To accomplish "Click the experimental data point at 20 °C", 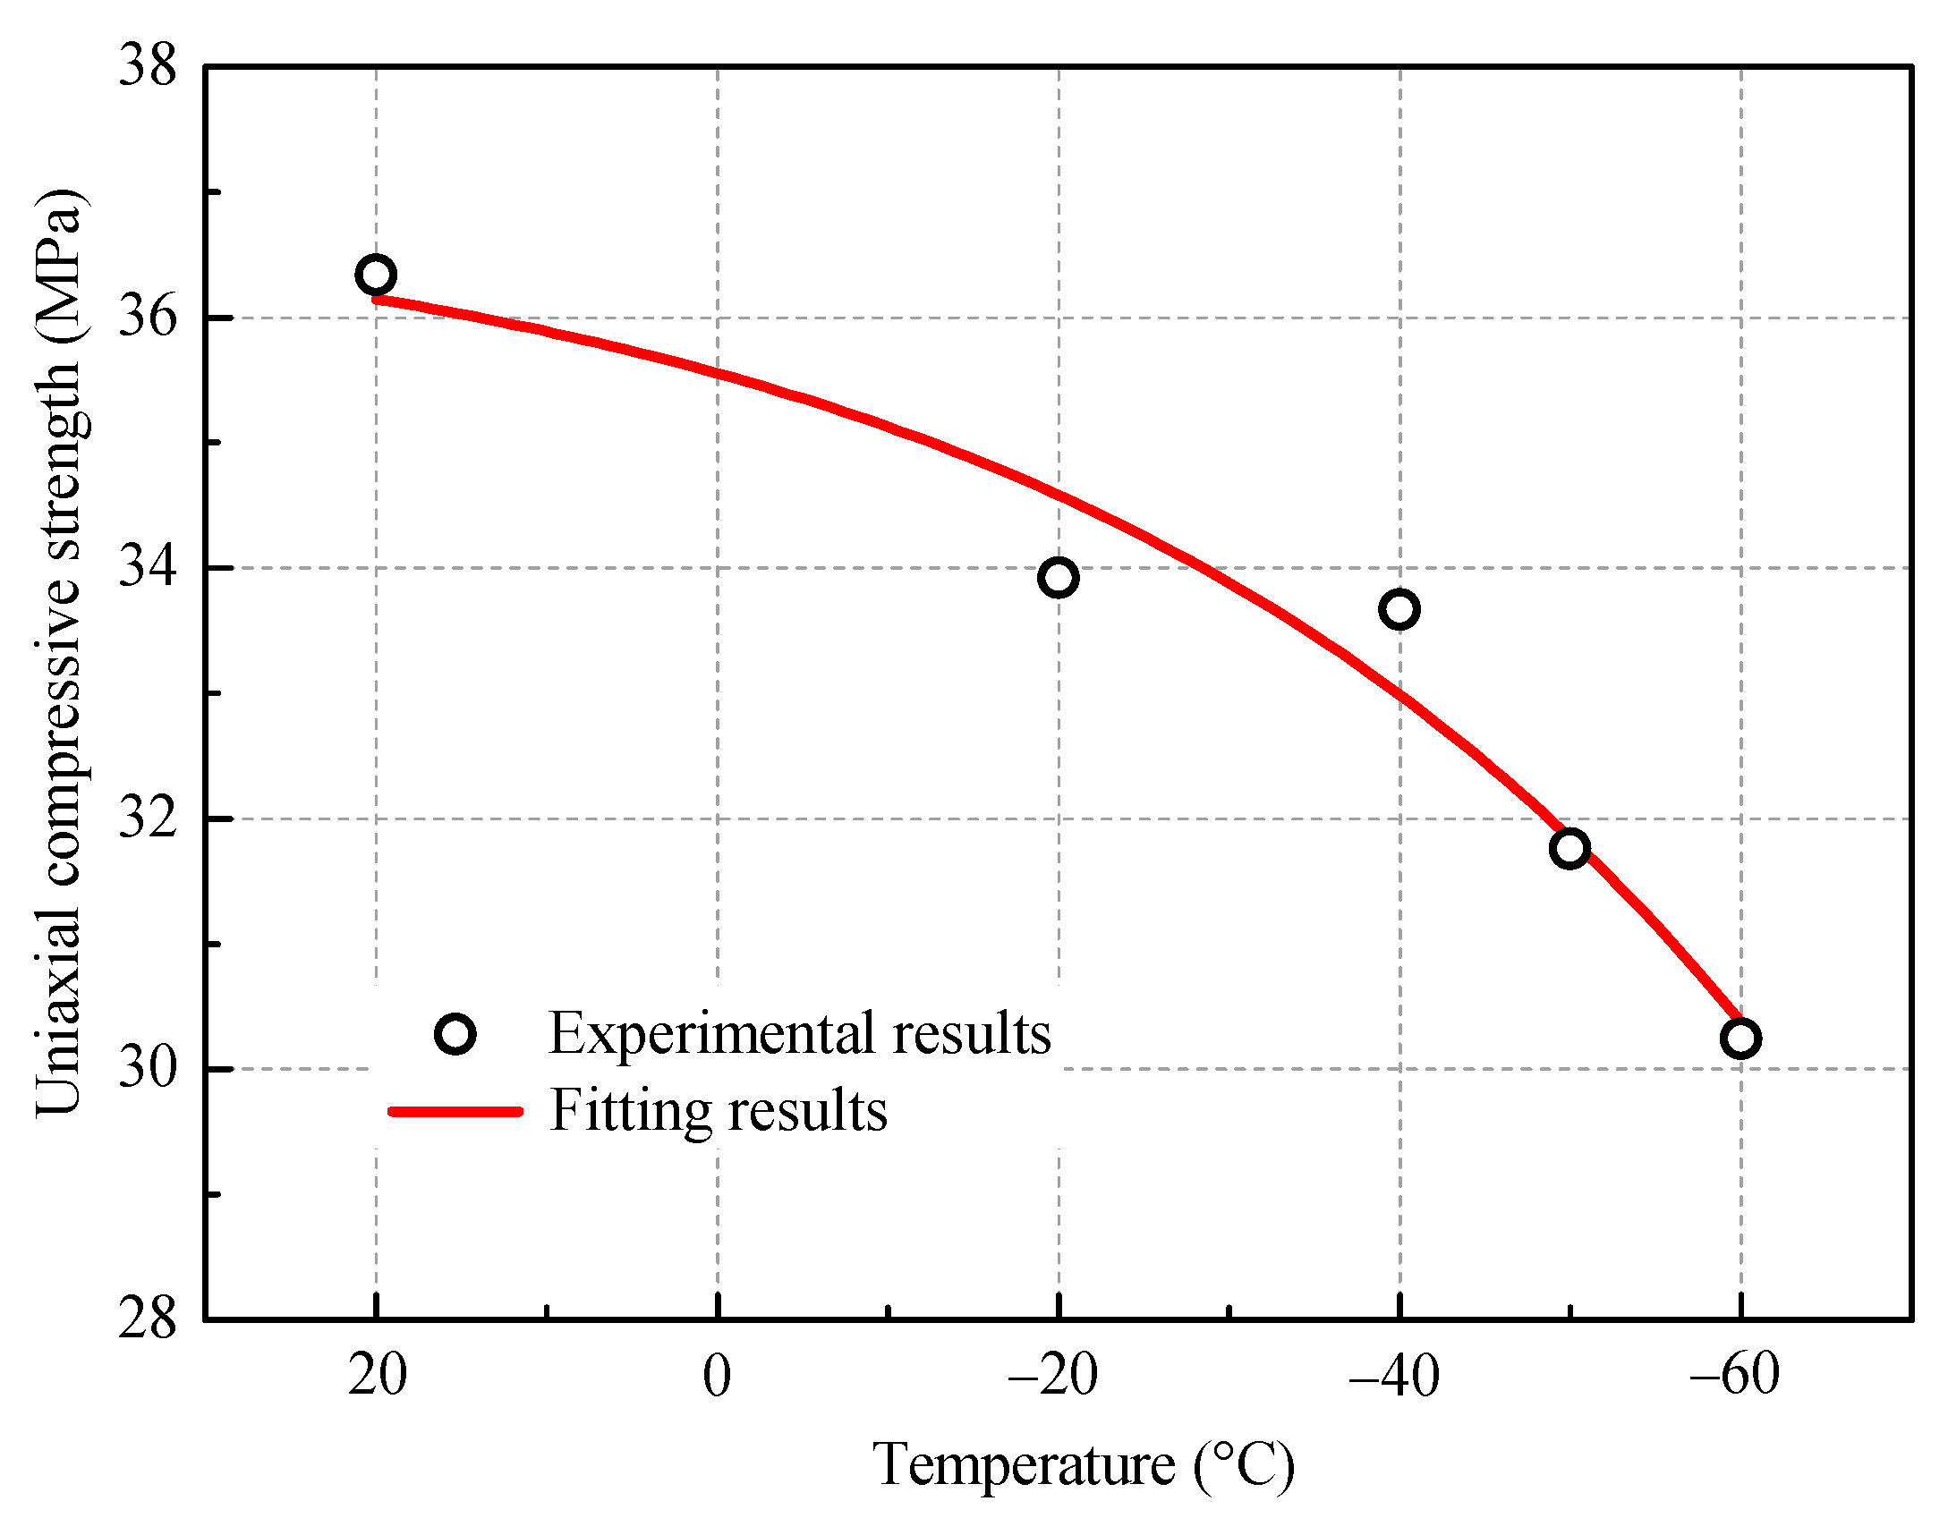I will [x=376, y=275].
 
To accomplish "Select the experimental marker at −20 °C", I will [x=1059, y=578].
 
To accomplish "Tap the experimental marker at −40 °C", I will [x=1399, y=609].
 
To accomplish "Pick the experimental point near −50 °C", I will [x=1570, y=848].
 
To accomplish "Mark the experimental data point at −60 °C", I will [x=1740, y=1039].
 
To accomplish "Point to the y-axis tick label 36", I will [x=148, y=317].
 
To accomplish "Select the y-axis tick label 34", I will [x=148, y=567].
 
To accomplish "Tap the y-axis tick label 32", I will [x=148, y=818].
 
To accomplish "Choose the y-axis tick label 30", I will [x=148, y=1068].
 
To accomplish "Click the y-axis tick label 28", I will [x=148, y=1319].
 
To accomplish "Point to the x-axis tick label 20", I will [x=378, y=1375].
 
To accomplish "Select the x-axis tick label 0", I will [x=718, y=1377].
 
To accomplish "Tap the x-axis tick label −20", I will [x=1053, y=1377].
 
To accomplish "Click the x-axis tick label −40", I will [x=1394, y=1377].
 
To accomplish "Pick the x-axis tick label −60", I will [x=1734, y=1375].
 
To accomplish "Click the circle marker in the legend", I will [x=455, y=1035].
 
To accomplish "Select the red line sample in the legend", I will [x=455, y=1112].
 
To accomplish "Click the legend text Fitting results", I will [x=719, y=1112].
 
